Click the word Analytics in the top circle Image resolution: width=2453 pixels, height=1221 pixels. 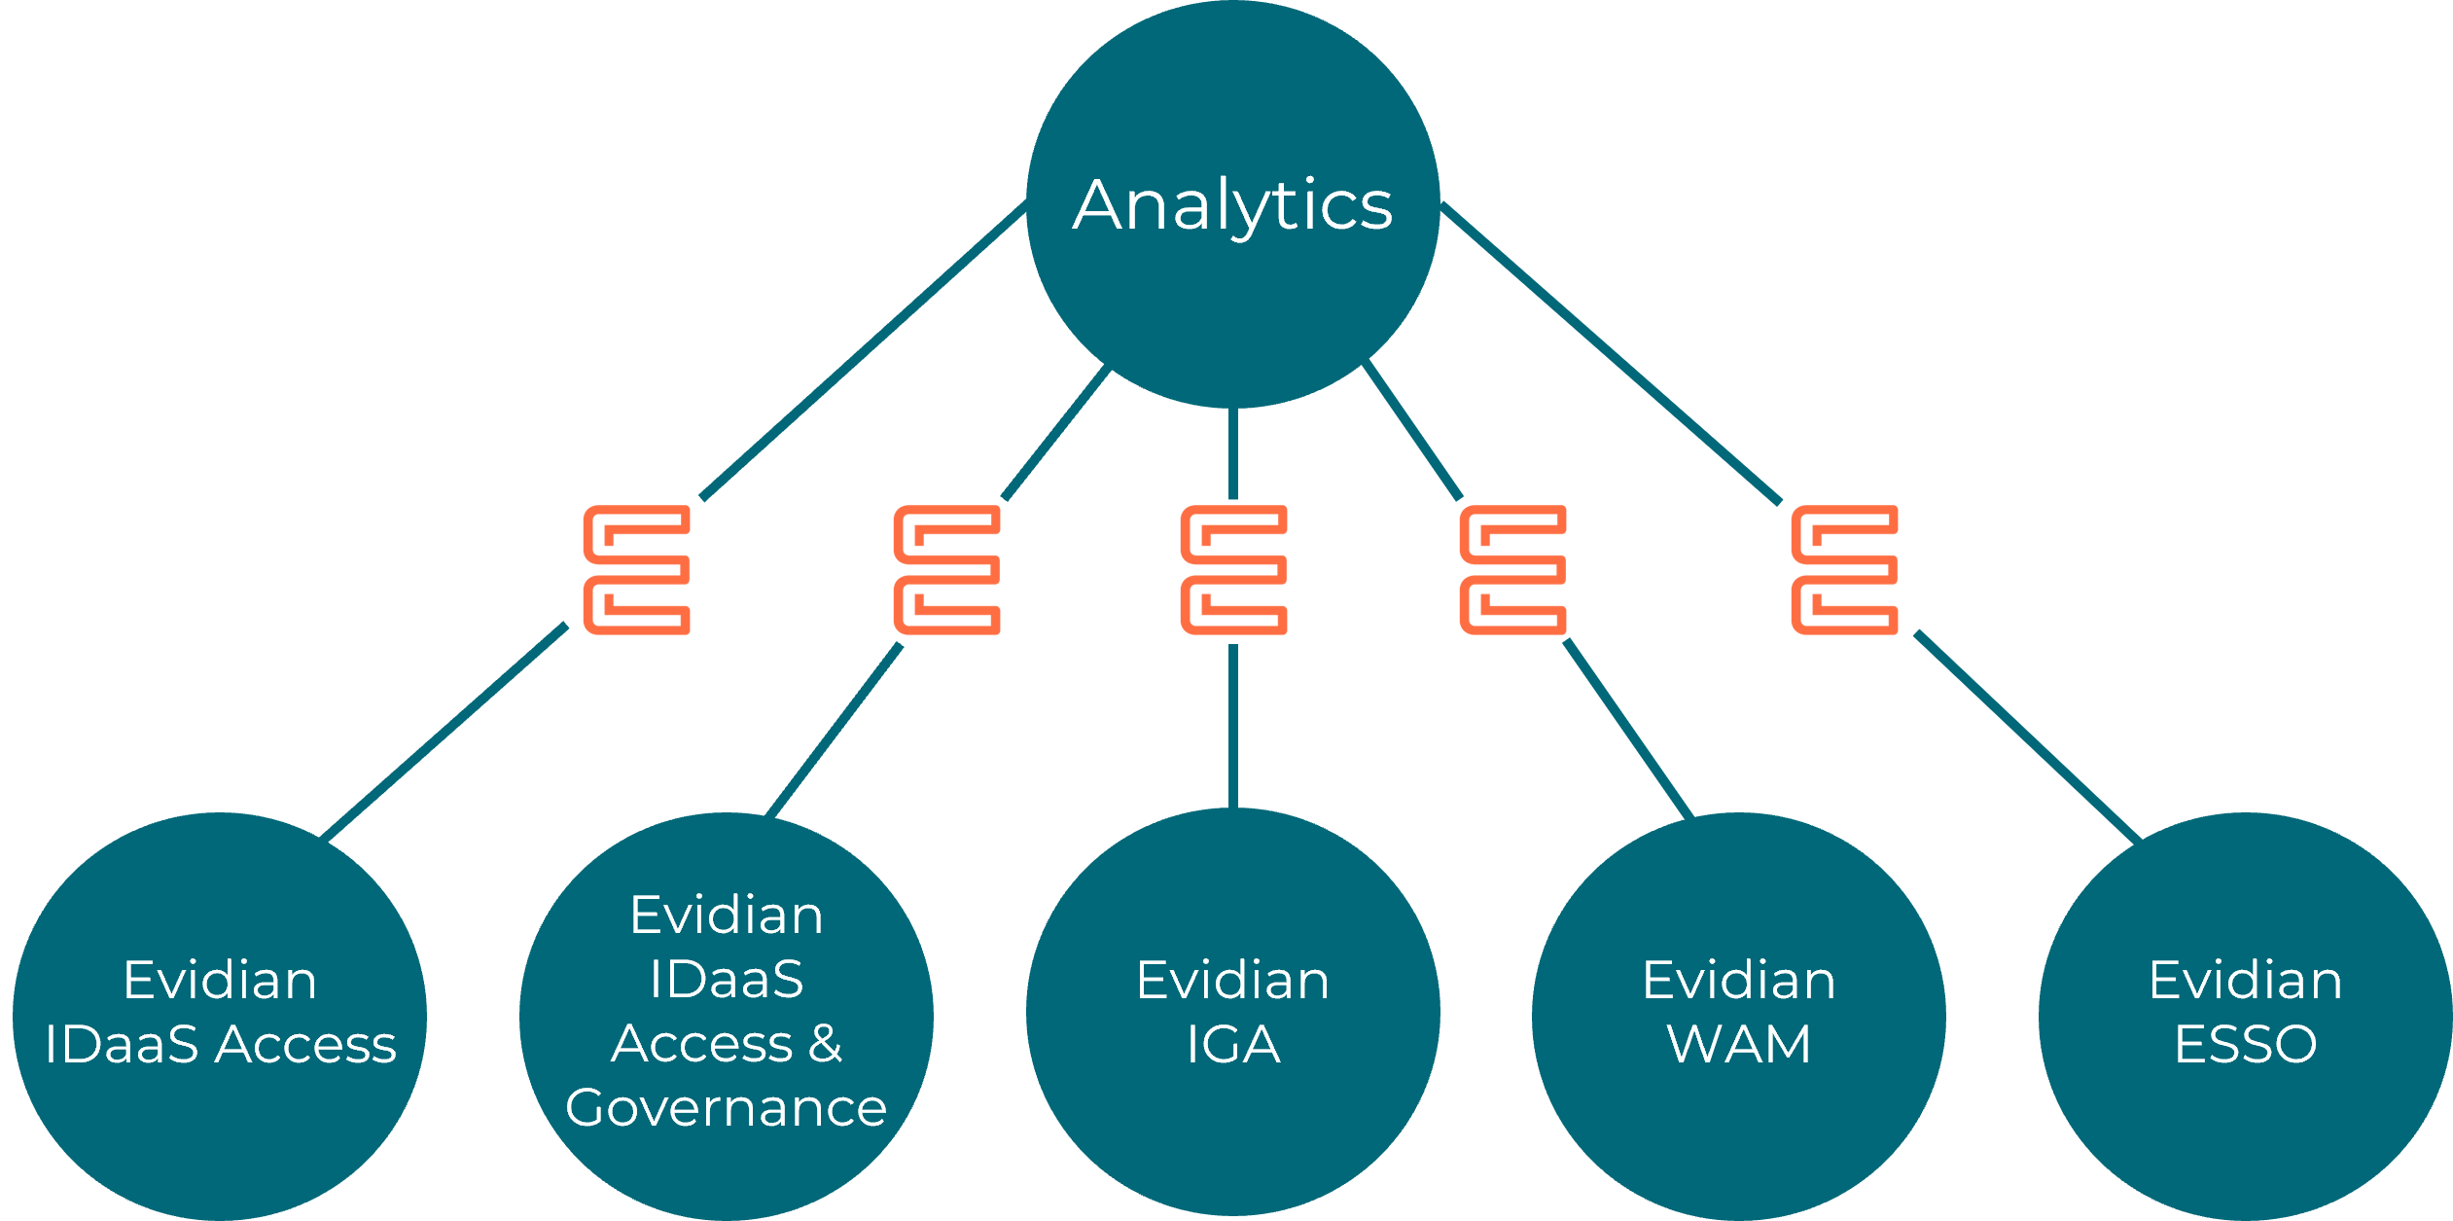point(1232,205)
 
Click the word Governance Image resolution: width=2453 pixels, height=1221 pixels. point(726,1108)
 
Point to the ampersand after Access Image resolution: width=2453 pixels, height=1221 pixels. point(825,1044)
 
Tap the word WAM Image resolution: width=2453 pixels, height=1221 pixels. point(1738,1045)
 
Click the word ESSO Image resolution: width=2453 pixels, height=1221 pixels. point(2245,1045)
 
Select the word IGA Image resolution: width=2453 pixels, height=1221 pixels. point(1232,1045)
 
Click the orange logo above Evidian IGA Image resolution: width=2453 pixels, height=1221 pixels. point(1233,570)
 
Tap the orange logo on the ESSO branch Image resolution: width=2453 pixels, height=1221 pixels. point(1844,570)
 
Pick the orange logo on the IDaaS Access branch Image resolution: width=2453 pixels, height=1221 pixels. point(636,570)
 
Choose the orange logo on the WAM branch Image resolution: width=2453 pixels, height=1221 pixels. point(1512,570)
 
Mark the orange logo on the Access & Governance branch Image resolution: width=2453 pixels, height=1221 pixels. point(946,570)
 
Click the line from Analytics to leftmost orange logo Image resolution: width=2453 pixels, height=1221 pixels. point(864,350)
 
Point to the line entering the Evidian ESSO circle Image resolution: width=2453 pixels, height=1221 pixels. point(2028,736)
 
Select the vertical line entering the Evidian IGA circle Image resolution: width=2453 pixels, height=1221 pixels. point(1232,725)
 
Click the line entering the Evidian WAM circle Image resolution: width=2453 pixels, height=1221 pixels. point(1627,728)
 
